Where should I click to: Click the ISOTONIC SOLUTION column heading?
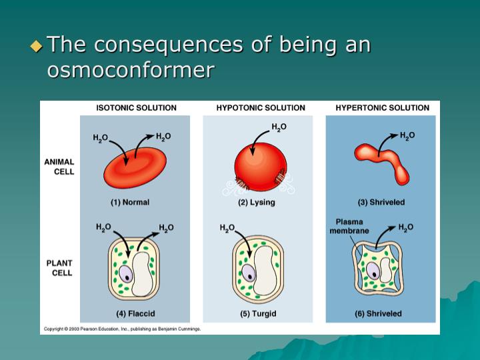pyautogui.click(x=136, y=108)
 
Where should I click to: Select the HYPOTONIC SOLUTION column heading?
pyautogui.click(x=261, y=108)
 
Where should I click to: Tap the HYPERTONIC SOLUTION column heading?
pyautogui.click(x=382, y=108)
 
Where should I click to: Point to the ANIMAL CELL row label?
pyautogui.click(x=59, y=167)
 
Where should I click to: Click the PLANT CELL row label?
pyautogui.click(x=59, y=268)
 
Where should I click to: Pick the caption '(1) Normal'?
pyautogui.click(x=129, y=202)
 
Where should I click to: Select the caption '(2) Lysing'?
pyautogui.click(x=257, y=202)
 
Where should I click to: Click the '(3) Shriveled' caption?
pyautogui.click(x=381, y=202)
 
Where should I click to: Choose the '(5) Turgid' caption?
pyautogui.click(x=257, y=313)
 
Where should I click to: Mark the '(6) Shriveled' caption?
pyautogui.click(x=378, y=313)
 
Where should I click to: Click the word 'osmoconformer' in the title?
pyautogui.click(x=130, y=69)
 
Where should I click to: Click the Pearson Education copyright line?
pyautogui.click(x=122, y=329)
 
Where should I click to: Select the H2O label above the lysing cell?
pyautogui.click(x=279, y=127)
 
